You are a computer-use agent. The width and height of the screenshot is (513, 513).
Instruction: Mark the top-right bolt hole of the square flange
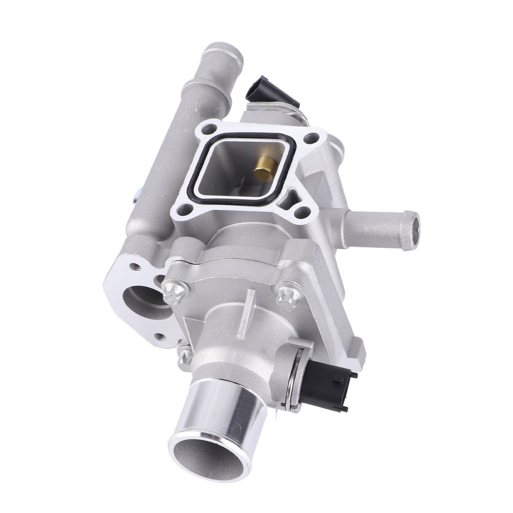[x=311, y=137]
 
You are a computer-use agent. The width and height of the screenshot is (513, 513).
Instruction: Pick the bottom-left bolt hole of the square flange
[x=184, y=209]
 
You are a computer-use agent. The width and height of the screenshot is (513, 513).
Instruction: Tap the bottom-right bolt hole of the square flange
[x=302, y=212]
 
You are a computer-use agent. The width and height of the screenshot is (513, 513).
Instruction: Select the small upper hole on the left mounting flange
[x=136, y=267]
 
